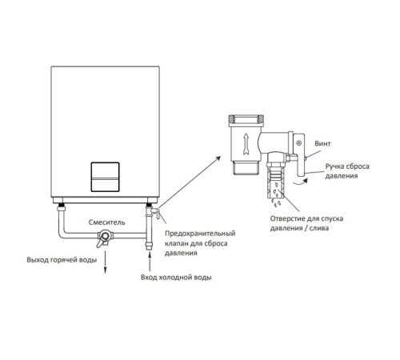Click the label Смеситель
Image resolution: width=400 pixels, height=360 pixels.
[106, 222]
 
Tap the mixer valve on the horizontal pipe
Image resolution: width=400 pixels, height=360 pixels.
[105, 238]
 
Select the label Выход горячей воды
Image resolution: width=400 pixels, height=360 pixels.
[62, 260]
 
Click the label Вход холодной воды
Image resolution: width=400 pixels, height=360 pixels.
[176, 278]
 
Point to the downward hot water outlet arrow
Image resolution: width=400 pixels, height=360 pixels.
[105, 262]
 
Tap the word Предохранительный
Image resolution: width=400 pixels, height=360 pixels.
[200, 234]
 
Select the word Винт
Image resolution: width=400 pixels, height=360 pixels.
[322, 144]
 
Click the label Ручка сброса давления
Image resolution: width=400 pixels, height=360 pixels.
[347, 171]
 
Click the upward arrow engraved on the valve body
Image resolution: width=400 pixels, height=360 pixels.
[246, 144]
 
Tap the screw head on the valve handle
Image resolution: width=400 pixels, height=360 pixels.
[299, 143]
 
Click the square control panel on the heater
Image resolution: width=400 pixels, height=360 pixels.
[105, 177]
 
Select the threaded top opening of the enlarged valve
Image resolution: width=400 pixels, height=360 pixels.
[246, 121]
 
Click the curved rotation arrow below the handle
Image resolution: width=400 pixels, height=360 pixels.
[301, 182]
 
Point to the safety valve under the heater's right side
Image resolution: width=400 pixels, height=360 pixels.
[152, 211]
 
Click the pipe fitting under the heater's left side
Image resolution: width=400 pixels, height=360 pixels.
[62, 207]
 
